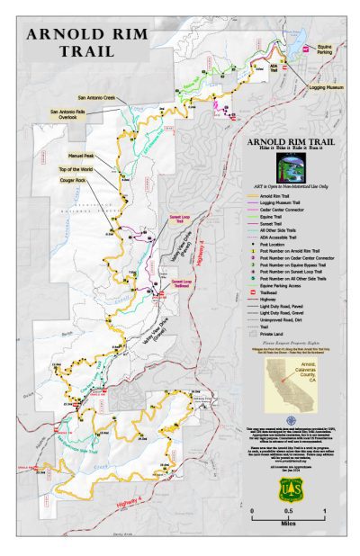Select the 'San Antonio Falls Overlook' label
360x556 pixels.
(67, 114)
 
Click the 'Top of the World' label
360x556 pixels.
(76, 169)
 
